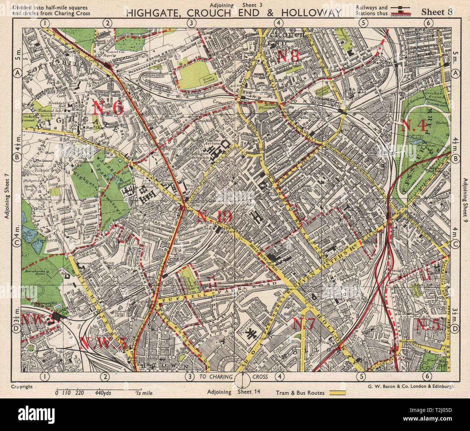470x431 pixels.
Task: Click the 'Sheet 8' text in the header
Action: [437, 12]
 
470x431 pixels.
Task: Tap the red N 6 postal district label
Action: [108, 107]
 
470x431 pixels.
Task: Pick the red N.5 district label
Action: [428, 324]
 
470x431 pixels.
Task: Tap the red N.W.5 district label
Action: [103, 343]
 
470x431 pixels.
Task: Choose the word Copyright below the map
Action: [22, 387]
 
